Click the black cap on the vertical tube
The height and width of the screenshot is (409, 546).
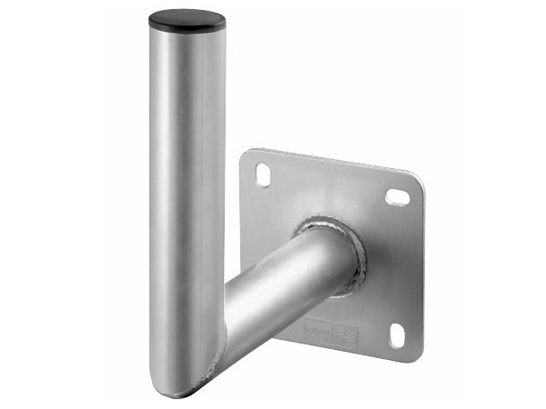(x=187, y=19)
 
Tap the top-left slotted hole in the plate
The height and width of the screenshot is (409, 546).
(x=262, y=174)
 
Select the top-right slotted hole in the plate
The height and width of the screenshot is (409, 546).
(x=398, y=196)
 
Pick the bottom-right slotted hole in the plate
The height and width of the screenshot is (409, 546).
(x=398, y=334)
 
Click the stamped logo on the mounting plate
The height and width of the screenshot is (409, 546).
(x=330, y=333)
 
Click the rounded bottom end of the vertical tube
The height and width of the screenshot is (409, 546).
(x=177, y=386)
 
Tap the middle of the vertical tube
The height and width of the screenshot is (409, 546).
(x=187, y=200)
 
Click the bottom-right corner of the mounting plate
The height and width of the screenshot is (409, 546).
(x=414, y=355)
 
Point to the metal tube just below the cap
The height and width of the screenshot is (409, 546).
(x=187, y=50)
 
